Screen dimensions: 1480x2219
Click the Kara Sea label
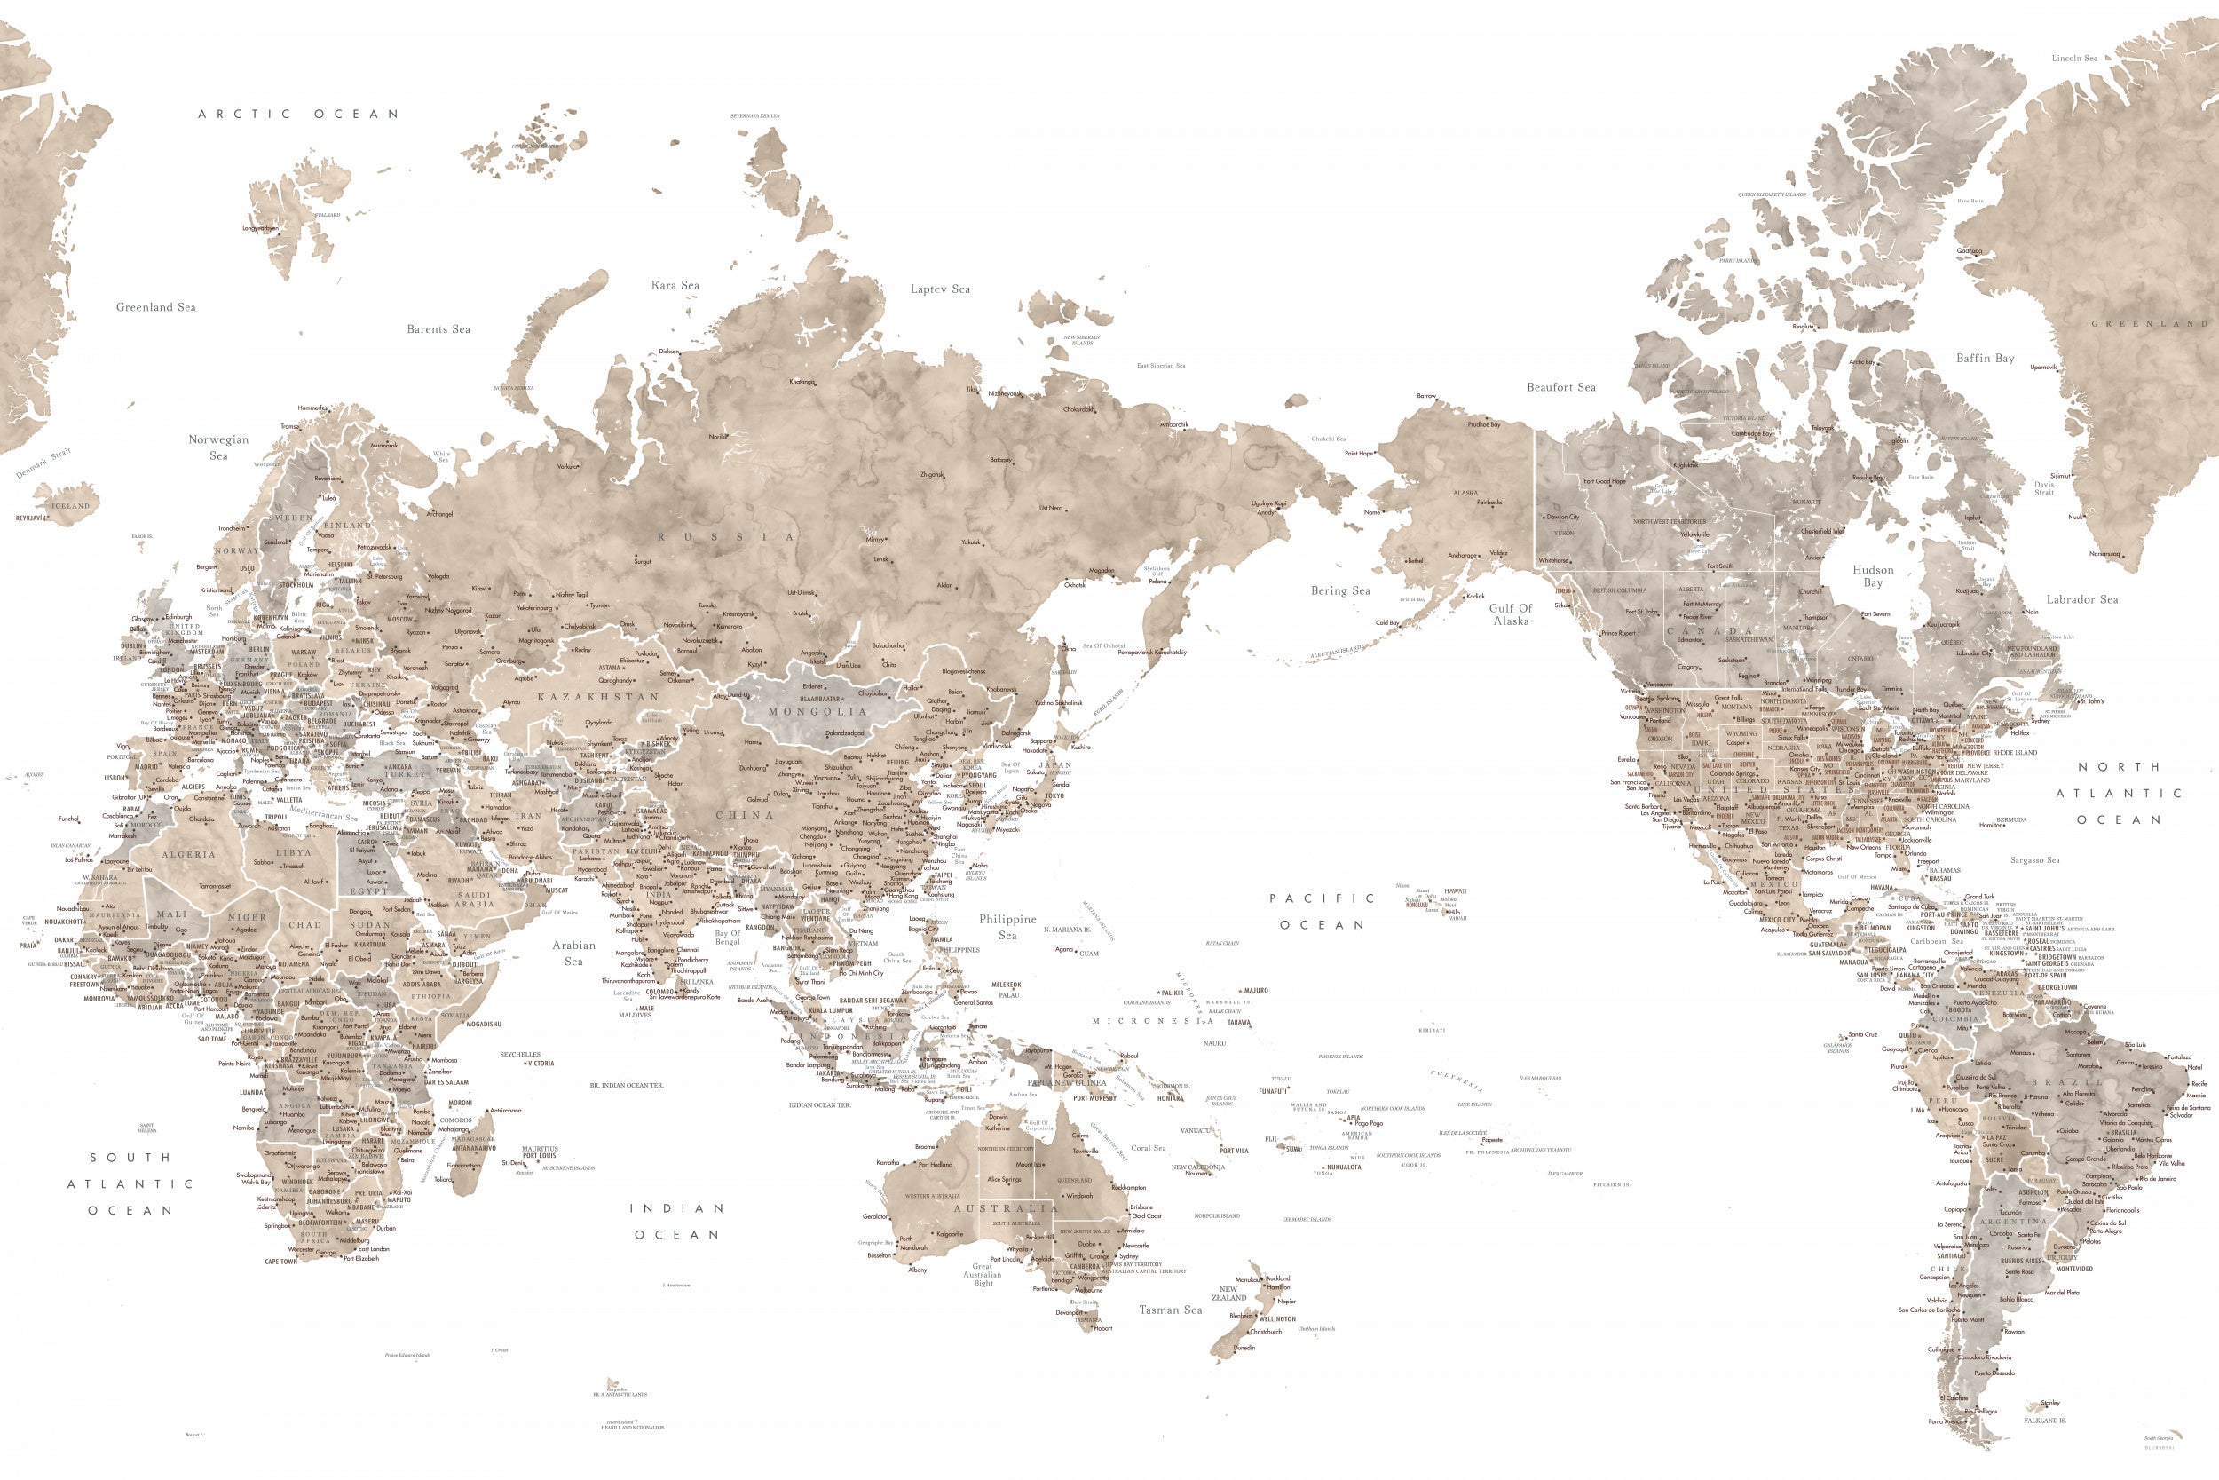point(675,285)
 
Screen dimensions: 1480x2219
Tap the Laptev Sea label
point(940,289)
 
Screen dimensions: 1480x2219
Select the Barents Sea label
point(438,329)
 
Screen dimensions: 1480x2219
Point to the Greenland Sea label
point(155,307)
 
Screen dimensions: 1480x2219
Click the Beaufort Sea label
point(1561,387)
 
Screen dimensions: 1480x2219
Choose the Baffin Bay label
point(1985,358)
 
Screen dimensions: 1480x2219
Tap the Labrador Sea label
point(2082,599)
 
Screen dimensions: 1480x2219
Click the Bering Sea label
point(1339,591)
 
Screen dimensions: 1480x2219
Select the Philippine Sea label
point(1007,927)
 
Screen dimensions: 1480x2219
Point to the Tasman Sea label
point(1170,1310)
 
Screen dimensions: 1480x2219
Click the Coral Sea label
point(1149,1148)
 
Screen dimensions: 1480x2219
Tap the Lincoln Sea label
point(2074,59)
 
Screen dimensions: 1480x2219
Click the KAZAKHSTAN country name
point(598,697)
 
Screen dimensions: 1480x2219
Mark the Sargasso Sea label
point(2034,860)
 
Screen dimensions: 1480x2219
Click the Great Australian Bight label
point(983,1274)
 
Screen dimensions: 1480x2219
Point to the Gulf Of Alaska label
point(1511,614)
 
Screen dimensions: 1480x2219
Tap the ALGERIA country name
point(189,854)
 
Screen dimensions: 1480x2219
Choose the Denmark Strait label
point(43,463)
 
